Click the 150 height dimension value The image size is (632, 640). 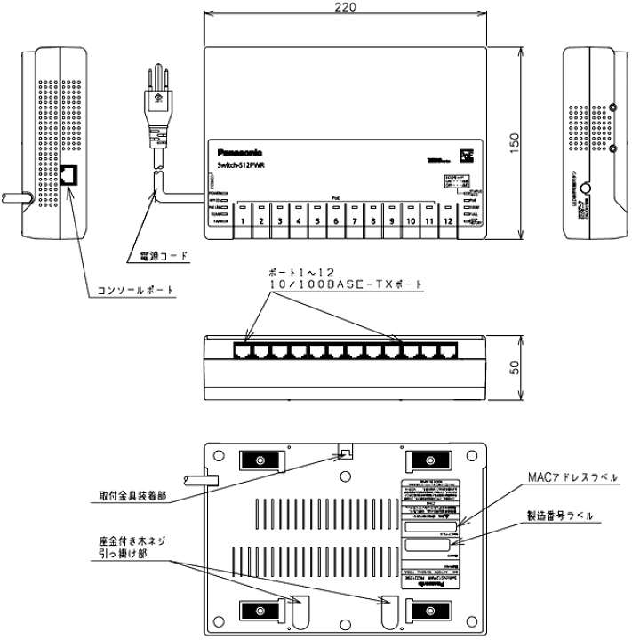516,144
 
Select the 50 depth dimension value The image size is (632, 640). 515,367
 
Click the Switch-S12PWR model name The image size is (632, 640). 238,165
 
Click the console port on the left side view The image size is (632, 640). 69,176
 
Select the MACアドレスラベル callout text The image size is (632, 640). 569,477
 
